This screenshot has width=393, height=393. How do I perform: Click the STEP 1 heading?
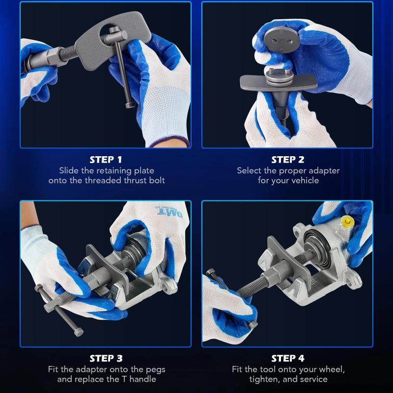tap(106, 160)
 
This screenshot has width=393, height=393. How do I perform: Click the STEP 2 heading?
tap(288, 160)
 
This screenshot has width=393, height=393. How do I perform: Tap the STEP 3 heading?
tap(106, 359)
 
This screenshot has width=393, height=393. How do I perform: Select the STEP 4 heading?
tap(288, 359)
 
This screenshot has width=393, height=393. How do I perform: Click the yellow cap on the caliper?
tap(348, 222)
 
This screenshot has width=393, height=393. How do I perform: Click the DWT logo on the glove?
tap(169, 212)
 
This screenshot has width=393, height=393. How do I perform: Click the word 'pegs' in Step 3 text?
tap(155, 370)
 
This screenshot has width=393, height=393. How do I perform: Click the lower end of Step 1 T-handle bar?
tap(130, 105)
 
